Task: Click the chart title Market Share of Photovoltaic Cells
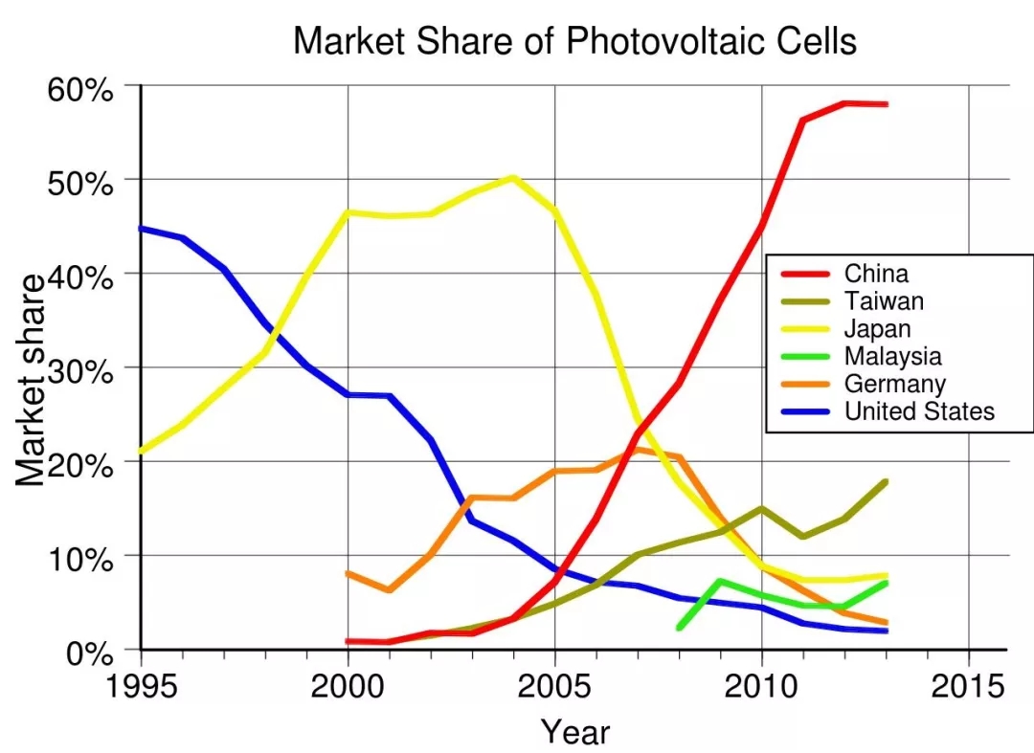[574, 41]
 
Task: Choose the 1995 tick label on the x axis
[141, 686]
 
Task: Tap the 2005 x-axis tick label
[554, 686]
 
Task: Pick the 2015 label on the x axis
[968, 686]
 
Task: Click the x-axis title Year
[574, 731]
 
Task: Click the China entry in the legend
[876, 275]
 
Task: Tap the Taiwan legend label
[884, 302]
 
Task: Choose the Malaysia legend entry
[892, 357]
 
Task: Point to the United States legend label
[919, 412]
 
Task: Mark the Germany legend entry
[894, 385]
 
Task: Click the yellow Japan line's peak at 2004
[513, 177]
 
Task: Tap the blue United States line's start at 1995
[142, 229]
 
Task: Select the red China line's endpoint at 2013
[887, 103]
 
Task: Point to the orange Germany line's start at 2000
[348, 573]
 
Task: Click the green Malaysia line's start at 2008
[679, 628]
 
